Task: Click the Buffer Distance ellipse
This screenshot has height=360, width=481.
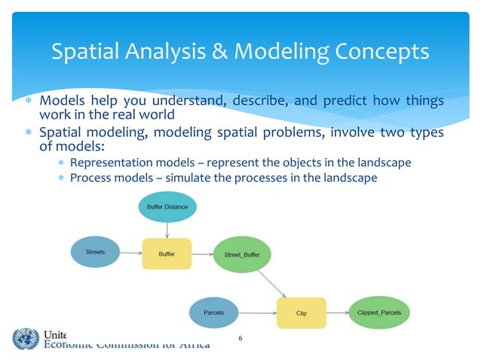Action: tap(167, 206)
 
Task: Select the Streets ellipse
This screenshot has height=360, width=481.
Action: tap(95, 252)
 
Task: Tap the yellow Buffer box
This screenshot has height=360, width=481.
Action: tap(167, 254)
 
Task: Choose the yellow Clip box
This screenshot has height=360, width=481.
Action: tap(301, 312)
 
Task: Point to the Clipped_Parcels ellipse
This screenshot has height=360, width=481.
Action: tap(379, 311)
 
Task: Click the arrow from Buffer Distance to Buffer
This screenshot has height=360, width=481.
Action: tap(167, 228)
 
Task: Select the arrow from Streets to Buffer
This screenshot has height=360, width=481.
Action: tap(130, 254)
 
